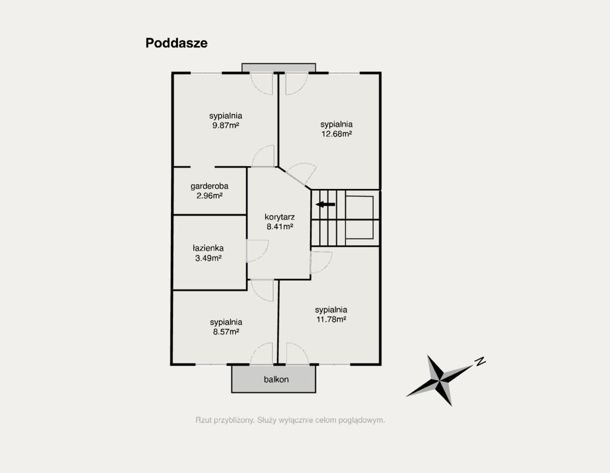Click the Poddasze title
[x=176, y=43]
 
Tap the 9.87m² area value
[x=226, y=126]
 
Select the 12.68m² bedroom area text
[x=337, y=134]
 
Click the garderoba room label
[x=209, y=186]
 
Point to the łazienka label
[x=208, y=248]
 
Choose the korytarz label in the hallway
[x=279, y=217]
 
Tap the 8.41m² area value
[x=279, y=227]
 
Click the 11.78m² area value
[x=331, y=319]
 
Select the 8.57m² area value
[x=226, y=332]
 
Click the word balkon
[x=276, y=379]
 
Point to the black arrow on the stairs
[x=326, y=204]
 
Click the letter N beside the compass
[x=481, y=362]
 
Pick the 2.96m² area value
[x=209, y=196]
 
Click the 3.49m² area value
[x=208, y=257]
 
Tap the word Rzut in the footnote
[x=204, y=420]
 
